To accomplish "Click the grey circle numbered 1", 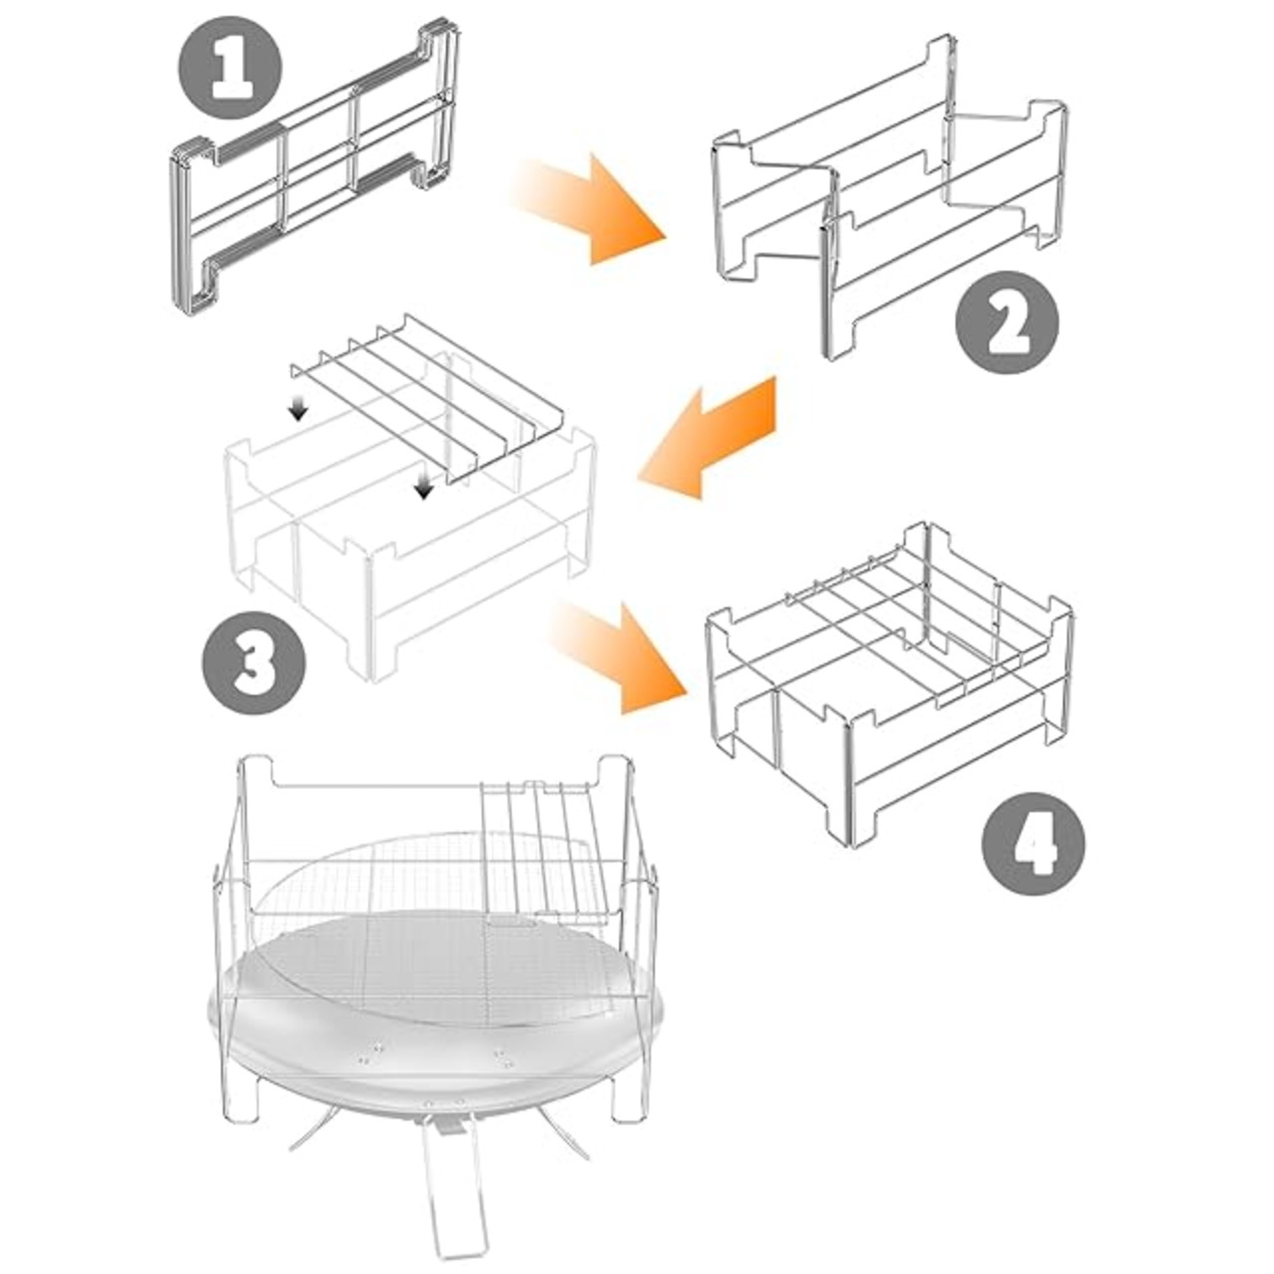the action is click(230, 67).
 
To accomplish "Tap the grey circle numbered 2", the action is click(1007, 322).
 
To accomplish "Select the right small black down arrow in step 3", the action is click(423, 488).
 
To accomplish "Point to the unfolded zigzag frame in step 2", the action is click(889, 198).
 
